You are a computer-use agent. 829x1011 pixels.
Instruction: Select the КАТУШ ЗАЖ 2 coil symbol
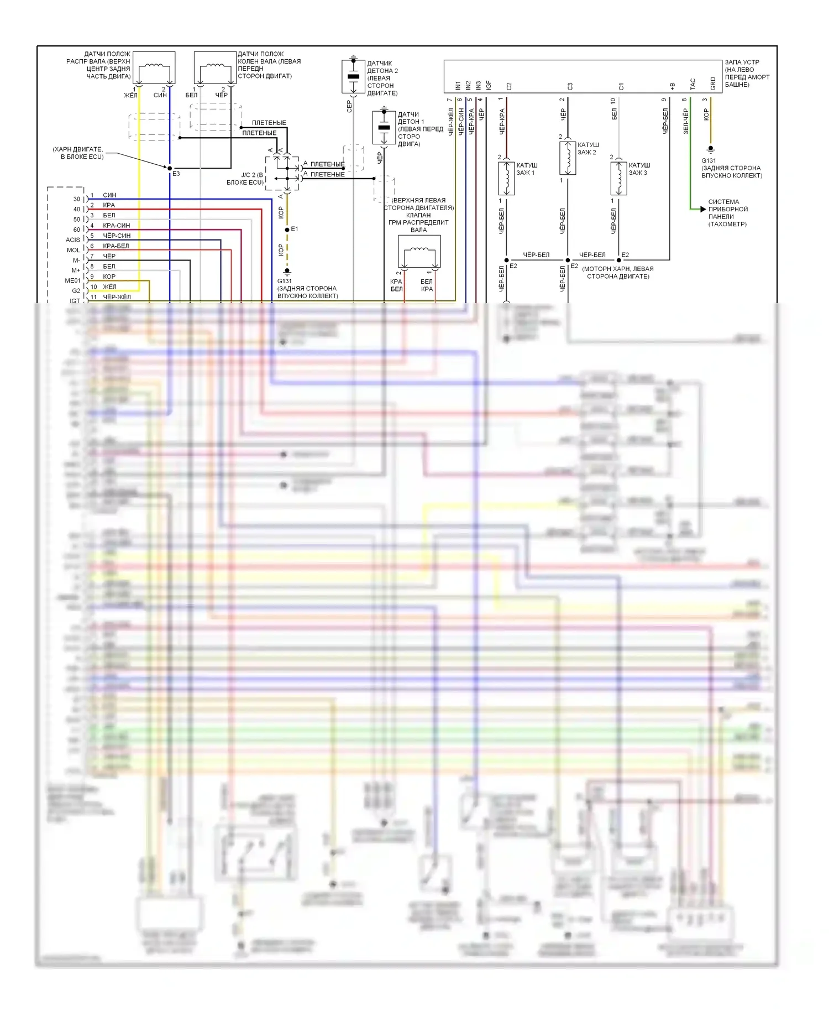coord(568,158)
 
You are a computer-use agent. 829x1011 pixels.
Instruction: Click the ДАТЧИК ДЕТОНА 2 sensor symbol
coord(353,76)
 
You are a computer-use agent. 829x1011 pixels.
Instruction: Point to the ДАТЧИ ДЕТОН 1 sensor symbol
coord(384,128)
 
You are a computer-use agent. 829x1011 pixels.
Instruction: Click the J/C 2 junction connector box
coord(282,173)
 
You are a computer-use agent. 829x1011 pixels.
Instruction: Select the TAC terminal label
coord(692,84)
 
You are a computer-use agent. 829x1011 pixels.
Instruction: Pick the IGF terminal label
coord(489,85)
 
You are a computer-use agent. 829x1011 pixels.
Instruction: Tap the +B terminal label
coord(672,86)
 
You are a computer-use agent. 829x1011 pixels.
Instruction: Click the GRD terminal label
coord(713,84)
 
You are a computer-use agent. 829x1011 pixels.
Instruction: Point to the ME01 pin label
coord(72,280)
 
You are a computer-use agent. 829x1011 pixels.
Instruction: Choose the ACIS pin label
coord(72,239)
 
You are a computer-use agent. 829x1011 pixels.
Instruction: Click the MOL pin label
coord(73,250)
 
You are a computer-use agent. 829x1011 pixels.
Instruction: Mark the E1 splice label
coord(295,228)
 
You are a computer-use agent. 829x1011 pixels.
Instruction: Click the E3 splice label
coord(176,174)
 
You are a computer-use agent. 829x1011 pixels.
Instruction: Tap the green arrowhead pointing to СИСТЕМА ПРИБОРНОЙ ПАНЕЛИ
coord(702,209)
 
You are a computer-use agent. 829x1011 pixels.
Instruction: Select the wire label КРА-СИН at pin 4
coord(116,226)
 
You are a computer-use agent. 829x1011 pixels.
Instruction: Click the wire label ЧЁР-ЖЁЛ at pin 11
coord(117,297)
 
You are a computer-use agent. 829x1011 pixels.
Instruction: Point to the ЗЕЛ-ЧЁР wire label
coord(686,121)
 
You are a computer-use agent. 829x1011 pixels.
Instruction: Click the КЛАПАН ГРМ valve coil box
coord(419,252)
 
